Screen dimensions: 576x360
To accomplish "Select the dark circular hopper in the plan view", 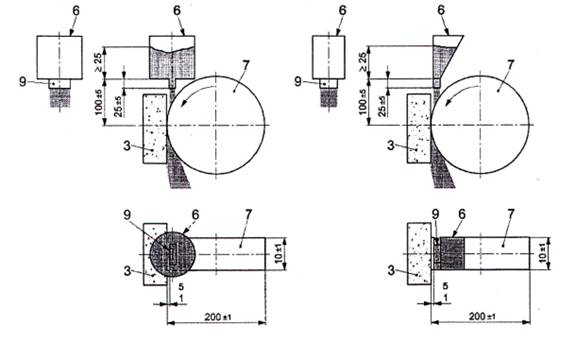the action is coord(172,253).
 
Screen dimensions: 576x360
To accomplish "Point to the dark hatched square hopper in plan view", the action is coord(453,253).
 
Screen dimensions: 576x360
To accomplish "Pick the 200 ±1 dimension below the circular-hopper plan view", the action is coord(218,317).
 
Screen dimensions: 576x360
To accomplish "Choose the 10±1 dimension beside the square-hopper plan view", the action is coord(544,254).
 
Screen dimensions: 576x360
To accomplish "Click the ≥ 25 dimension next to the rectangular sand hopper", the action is coord(98,62).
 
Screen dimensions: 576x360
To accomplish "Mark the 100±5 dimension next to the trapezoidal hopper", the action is coord(363,102).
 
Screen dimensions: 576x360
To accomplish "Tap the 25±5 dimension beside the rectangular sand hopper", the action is coord(118,107).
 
